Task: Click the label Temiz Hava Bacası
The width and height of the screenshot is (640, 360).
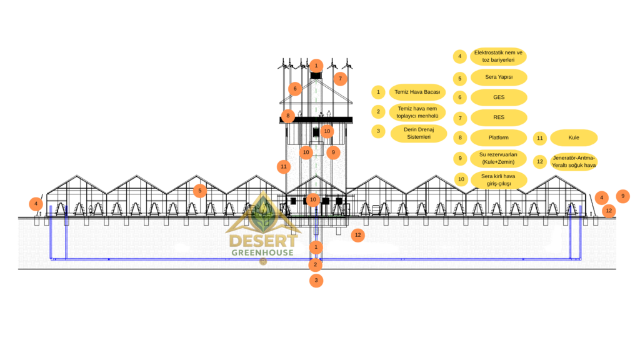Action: (417, 92)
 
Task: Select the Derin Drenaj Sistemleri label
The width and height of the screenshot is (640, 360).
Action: (419, 132)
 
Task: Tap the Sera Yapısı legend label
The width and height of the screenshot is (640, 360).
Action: (499, 77)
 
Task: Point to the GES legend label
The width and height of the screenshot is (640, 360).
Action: (499, 97)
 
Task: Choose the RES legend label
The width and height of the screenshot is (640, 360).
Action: (499, 117)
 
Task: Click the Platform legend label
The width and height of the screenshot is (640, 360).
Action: (499, 137)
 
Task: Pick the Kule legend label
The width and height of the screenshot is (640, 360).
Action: (574, 137)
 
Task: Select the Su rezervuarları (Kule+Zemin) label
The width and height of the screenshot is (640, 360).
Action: (499, 158)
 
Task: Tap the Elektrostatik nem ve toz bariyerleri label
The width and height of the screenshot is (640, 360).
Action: (499, 56)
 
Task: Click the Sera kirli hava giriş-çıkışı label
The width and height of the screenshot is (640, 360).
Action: (499, 180)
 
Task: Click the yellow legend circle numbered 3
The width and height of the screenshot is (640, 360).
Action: (378, 131)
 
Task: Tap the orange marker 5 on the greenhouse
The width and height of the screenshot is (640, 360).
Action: (199, 191)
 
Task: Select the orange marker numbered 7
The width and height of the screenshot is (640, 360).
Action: (340, 78)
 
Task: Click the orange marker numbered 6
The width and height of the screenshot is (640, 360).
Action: (294, 89)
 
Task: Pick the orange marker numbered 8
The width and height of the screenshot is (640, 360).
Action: (287, 116)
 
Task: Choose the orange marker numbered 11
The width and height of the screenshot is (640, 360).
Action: (283, 167)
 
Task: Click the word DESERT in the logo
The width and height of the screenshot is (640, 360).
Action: (262, 241)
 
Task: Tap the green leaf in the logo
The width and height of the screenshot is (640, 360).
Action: (263, 212)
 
